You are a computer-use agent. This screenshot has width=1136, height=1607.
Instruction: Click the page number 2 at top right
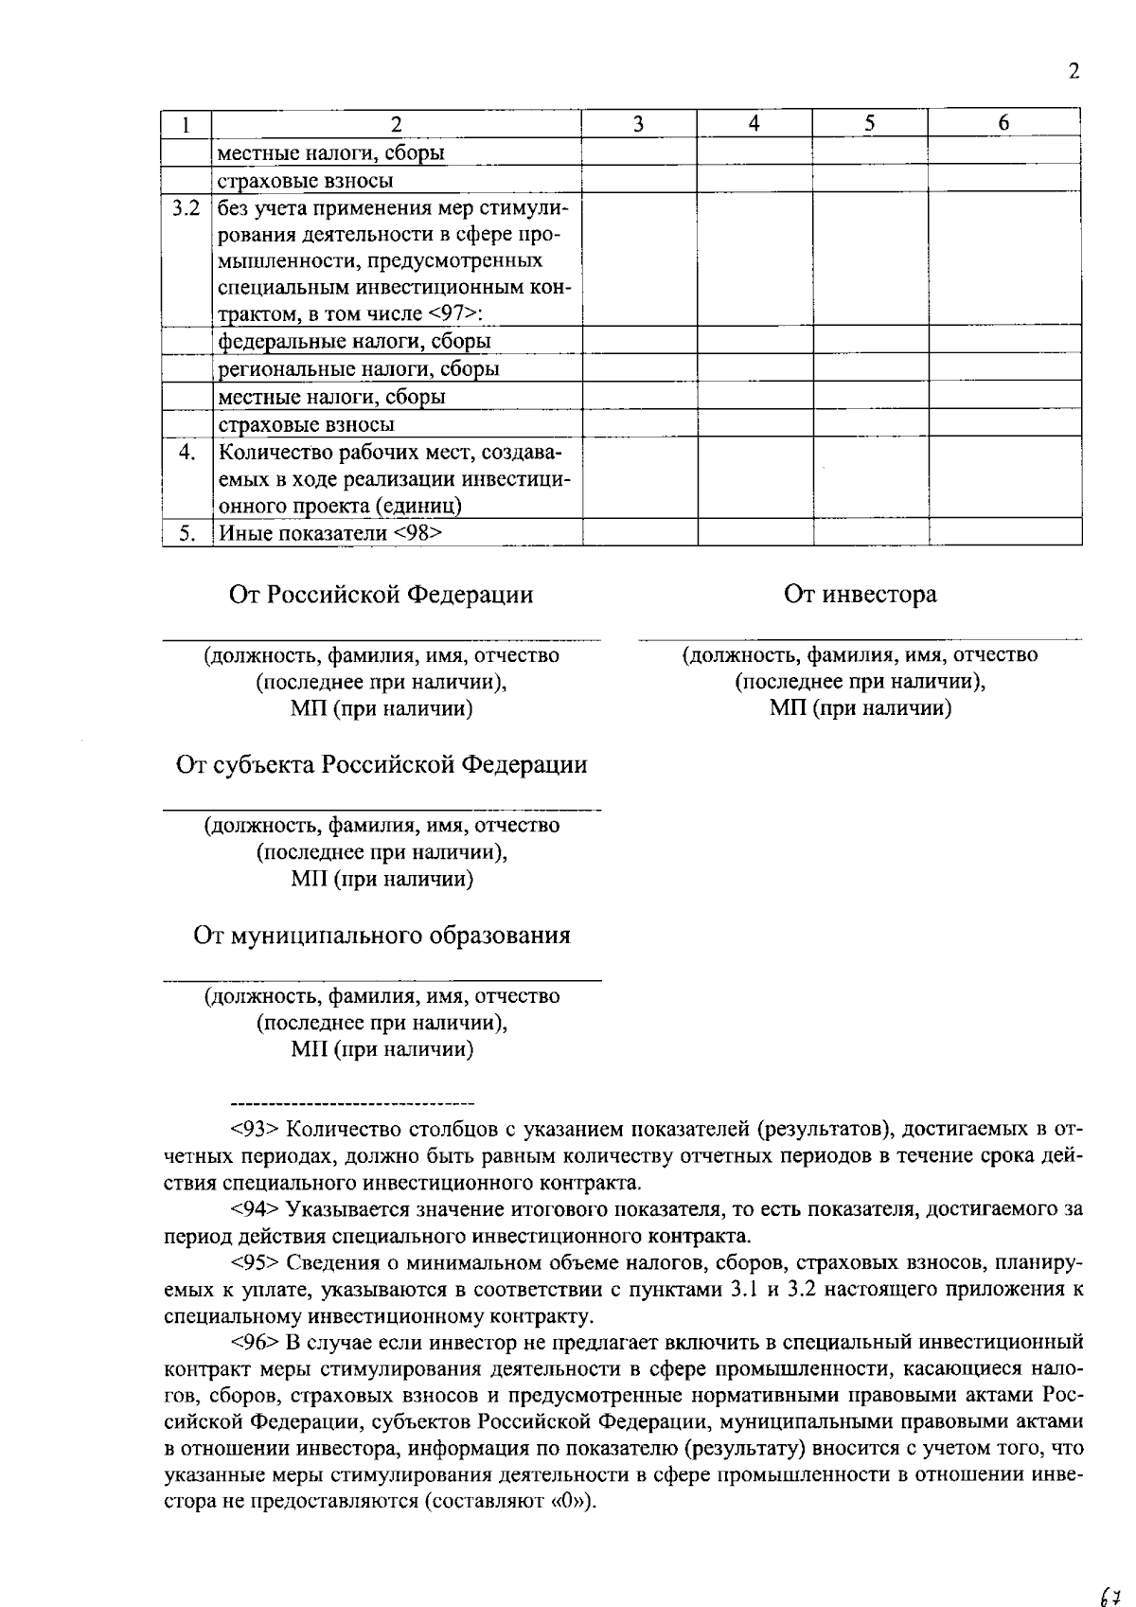1073,73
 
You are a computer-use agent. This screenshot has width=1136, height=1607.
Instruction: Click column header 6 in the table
1003,123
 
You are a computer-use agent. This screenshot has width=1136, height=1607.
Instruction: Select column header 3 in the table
638,123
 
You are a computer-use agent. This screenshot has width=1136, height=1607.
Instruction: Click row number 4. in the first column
186,453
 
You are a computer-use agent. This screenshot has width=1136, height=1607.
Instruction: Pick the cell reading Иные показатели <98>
330,533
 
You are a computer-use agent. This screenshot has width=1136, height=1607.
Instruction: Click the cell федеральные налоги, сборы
354,341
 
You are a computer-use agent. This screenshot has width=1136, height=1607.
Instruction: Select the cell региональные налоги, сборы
359,369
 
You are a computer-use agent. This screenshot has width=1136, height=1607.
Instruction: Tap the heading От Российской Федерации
381,595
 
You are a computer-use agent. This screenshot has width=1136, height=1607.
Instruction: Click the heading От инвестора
860,595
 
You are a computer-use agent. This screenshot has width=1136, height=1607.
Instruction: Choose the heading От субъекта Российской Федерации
382,765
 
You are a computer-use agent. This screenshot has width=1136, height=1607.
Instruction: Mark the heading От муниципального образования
382,937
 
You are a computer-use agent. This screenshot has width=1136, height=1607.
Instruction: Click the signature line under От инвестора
860,641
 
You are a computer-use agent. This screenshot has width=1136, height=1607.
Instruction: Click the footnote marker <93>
254,1130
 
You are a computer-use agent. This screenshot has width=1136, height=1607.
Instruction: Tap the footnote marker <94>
254,1209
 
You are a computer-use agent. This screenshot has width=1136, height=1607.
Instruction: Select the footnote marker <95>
254,1263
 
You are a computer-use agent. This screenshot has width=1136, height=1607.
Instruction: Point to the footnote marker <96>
254,1342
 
